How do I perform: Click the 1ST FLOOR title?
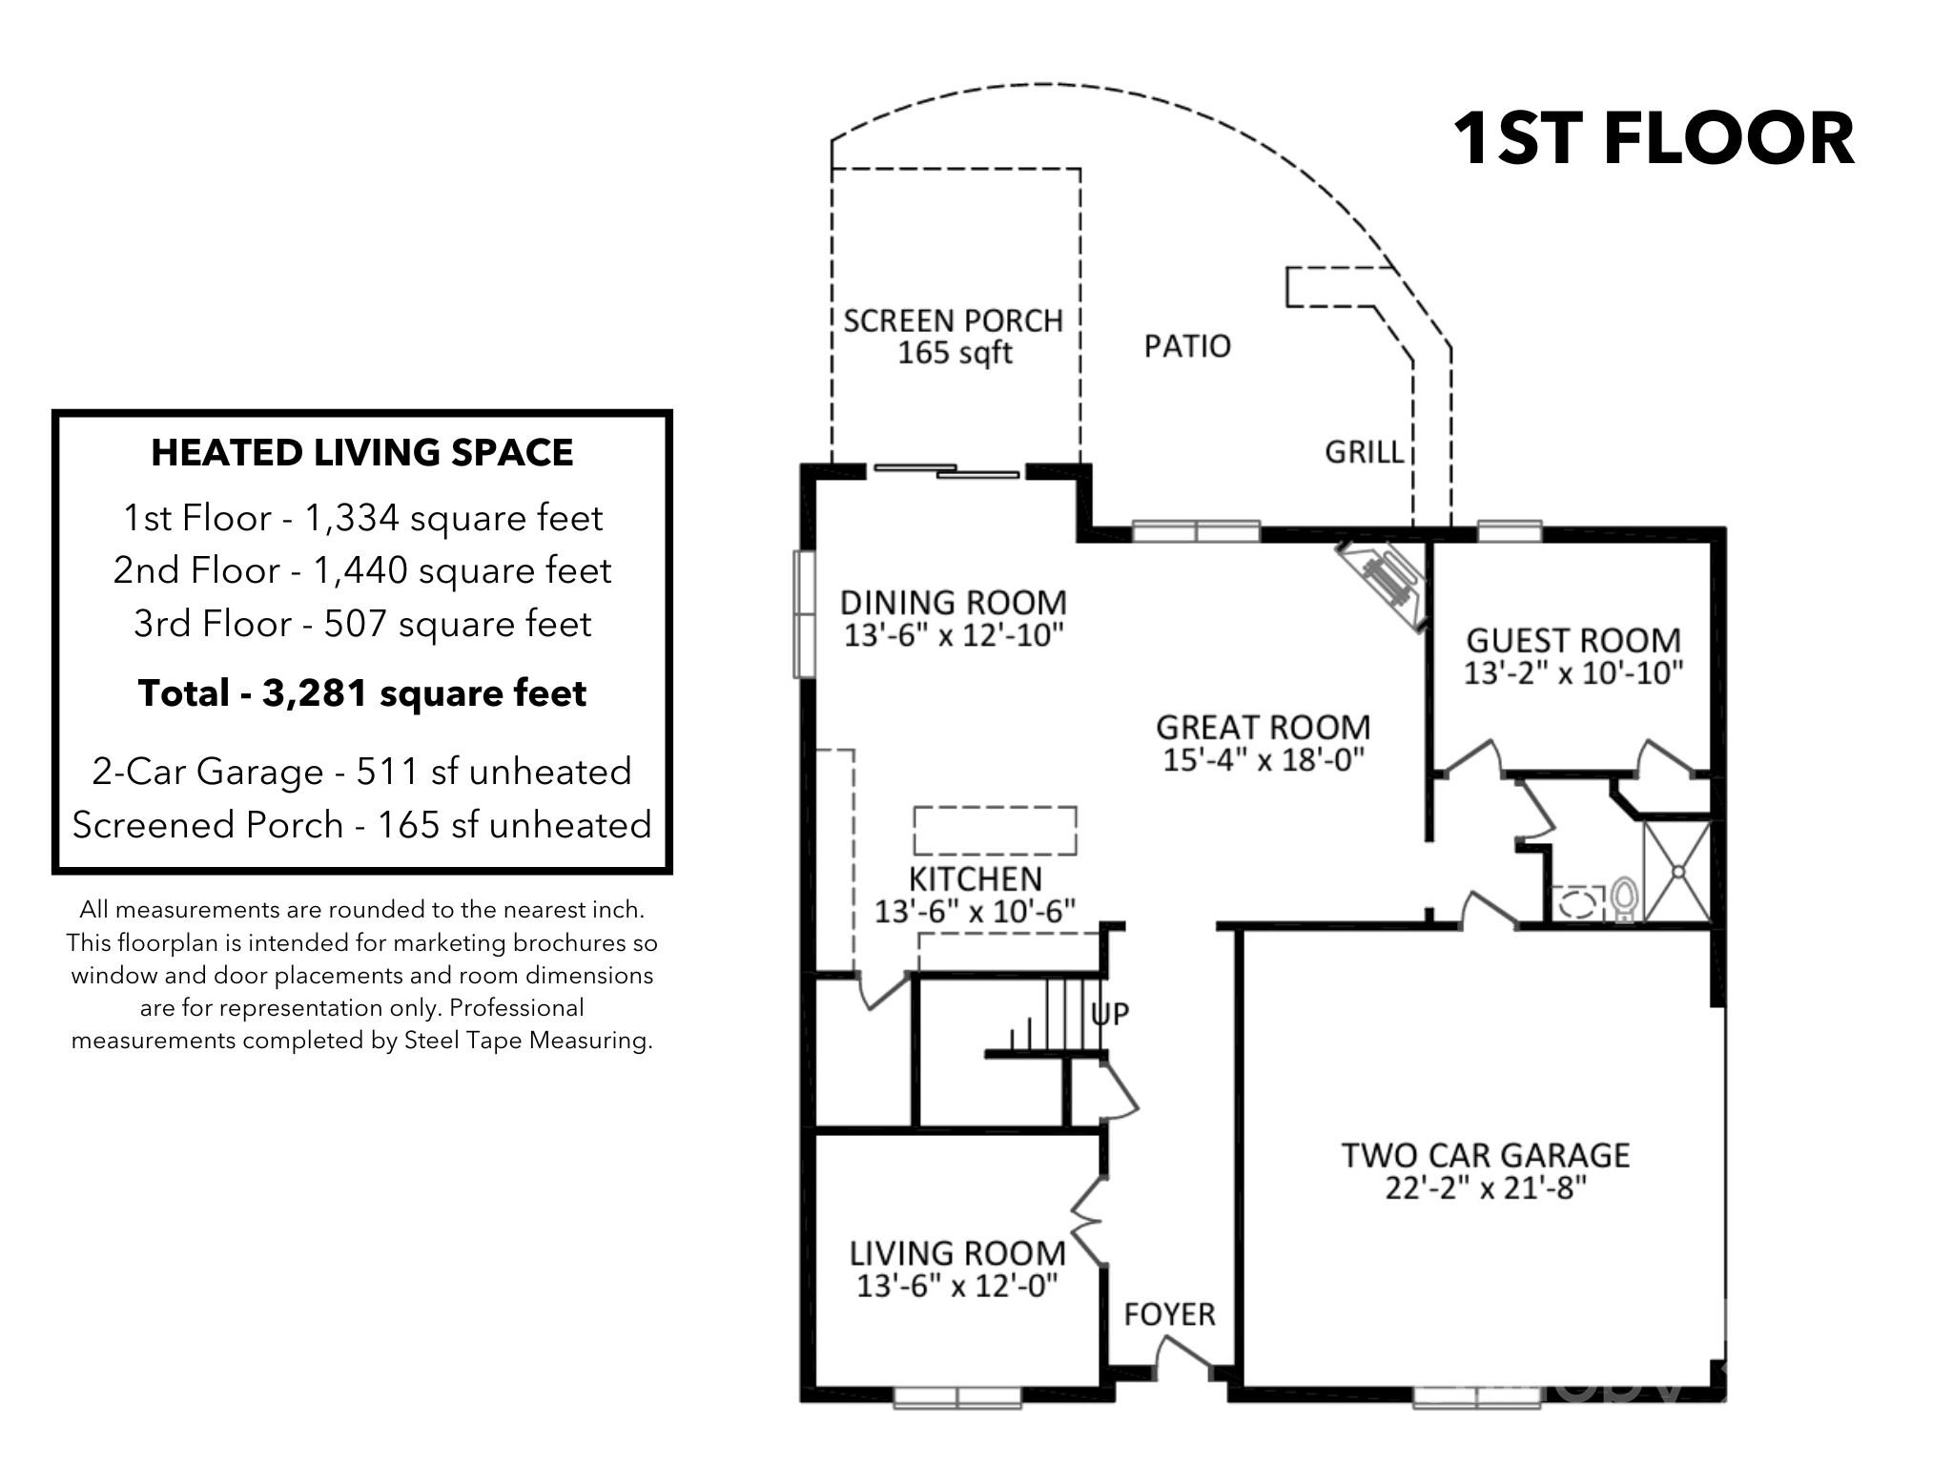[x=1653, y=139]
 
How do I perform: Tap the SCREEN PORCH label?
[x=953, y=320]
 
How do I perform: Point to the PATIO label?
[x=1187, y=345]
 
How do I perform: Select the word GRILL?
[x=1365, y=451]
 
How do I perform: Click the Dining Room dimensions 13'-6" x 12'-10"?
[x=953, y=635]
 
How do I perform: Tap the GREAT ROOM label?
[x=1263, y=728]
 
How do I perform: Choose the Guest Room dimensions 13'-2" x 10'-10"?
[x=1573, y=673]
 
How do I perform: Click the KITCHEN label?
[x=975, y=878]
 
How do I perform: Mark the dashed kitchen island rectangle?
[x=995, y=830]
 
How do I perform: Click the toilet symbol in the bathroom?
[x=1624, y=898]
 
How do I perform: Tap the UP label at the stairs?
[x=1110, y=1013]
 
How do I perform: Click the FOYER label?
[x=1169, y=1314]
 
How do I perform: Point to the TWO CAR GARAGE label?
[x=1485, y=1155]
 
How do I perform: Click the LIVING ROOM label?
[x=956, y=1253]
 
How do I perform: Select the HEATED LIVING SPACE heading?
[x=362, y=453]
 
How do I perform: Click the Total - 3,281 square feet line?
[x=362, y=693]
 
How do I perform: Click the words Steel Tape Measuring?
[x=527, y=1041]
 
